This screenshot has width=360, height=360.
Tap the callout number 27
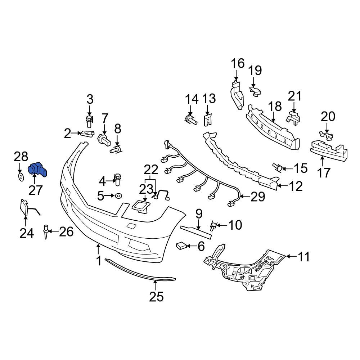(x=36, y=190)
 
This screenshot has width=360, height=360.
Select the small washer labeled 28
(x=21, y=177)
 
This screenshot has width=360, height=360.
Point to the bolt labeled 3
(x=90, y=121)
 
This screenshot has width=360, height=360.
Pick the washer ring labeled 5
(x=118, y=196)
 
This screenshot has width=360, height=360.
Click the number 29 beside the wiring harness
(x=258, y=197)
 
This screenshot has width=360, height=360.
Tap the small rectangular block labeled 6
(x=181, y=246)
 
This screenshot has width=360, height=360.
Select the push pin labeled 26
(x=46, y=231)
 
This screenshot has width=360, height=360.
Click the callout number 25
(x=156, y=297)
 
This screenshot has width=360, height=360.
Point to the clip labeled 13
(x=207, y=120)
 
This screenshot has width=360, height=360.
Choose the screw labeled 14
(x=190, y=120)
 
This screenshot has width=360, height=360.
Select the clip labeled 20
(x=326, y=135)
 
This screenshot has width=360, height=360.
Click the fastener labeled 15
(x=277, y=168)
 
